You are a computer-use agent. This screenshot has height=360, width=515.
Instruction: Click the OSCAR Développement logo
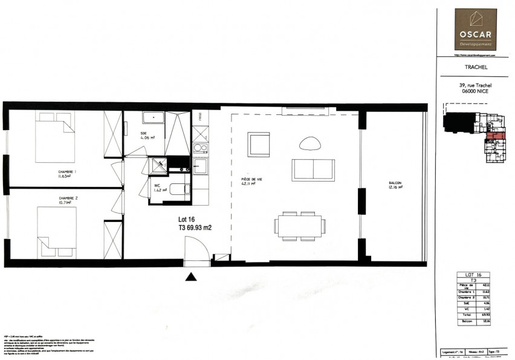(476, 29)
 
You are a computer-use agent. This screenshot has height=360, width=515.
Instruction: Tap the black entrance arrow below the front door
(191, 277)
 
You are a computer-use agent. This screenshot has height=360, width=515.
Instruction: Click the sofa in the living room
(313, 169)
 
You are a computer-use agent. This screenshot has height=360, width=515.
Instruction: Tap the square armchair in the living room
(258, 145)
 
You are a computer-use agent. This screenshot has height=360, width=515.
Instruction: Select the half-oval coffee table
(311, 144)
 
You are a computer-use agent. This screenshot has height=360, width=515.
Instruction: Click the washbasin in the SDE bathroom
(153, 117)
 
